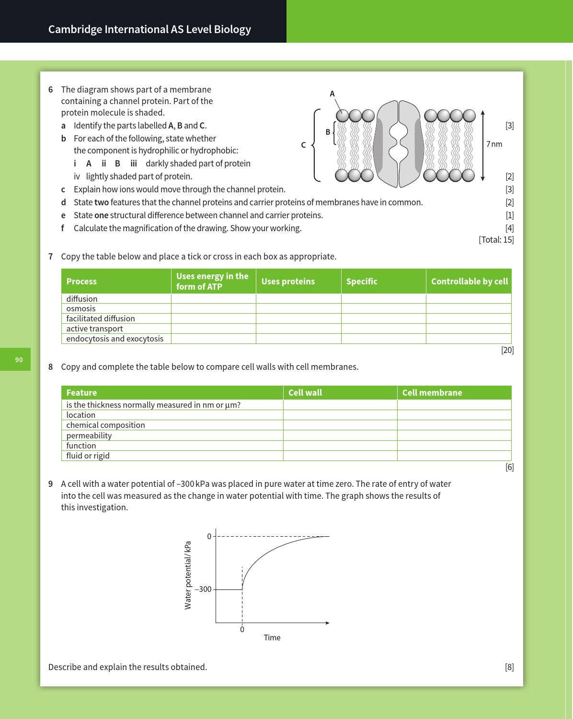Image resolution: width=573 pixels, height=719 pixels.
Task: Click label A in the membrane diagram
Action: (332, 94)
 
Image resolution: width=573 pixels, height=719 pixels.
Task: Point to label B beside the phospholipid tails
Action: (328, 132)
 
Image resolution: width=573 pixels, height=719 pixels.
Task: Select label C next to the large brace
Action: (303, 145)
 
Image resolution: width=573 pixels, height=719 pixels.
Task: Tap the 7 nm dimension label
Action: (494, 144)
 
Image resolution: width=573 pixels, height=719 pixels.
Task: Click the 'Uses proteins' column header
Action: (288, 282)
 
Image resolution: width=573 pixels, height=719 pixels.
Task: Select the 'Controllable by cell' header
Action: (469, 282)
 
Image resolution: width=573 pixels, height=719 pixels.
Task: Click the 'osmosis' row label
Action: (80, 308)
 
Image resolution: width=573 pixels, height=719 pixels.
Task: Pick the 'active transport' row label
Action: (94, 329)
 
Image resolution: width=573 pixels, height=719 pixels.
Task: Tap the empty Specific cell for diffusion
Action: (383, 298)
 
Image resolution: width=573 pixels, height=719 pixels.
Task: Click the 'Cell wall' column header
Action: (305, 392)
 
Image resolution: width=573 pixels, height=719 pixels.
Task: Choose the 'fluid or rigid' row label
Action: (88, 456)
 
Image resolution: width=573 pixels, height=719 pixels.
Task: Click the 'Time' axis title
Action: (272, 637)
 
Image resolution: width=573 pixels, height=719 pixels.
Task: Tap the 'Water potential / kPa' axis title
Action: (188, 575)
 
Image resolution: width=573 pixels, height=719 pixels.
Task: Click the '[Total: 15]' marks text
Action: (496, 239)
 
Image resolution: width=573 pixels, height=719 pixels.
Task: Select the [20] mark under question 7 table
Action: (507, 350)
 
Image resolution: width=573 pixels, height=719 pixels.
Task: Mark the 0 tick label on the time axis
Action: (242, 629)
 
